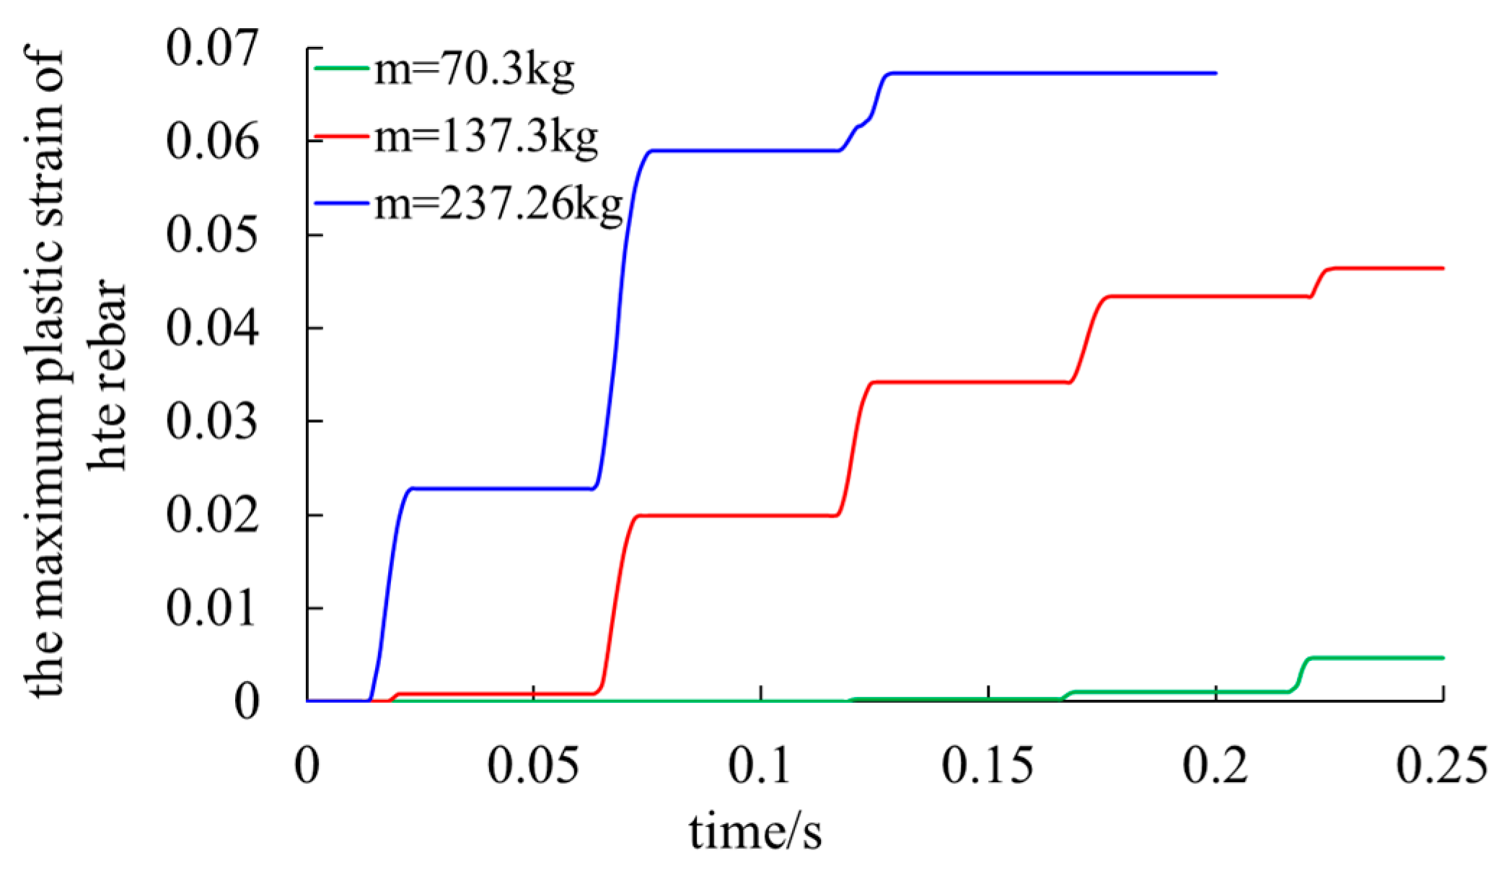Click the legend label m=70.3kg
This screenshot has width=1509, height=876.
474,71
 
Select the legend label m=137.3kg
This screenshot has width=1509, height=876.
485,136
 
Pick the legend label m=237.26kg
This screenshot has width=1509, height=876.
498,205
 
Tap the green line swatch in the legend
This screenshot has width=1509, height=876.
341,69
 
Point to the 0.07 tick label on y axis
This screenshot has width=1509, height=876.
211,48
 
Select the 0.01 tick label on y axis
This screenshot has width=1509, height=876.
211,608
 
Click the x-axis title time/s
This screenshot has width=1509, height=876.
754,832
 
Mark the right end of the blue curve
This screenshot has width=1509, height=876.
1215,73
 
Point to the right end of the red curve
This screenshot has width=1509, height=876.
1442,268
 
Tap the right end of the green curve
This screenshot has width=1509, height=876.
1442,657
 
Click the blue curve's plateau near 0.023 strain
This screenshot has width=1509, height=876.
498,489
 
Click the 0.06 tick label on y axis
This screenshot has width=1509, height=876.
211,141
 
